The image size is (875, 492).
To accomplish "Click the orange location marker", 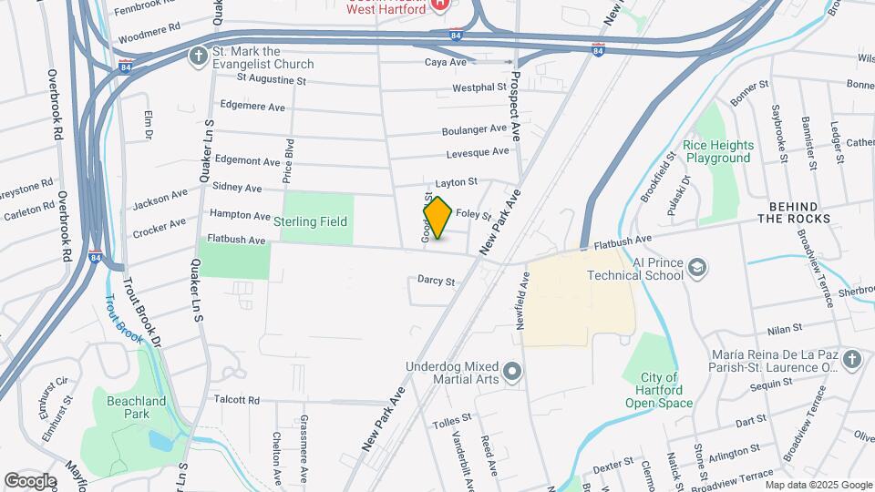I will tap(438, 218).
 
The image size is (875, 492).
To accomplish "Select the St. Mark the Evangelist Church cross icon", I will tap(198, 56).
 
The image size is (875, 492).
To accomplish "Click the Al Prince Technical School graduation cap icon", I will tap(697, 267).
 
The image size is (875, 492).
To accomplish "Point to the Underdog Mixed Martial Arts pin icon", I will tap(512, 371).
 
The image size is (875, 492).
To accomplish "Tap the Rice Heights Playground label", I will tap(719, 151).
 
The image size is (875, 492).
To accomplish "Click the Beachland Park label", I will tap(122, 407).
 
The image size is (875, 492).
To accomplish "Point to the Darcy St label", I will tap(436, 282).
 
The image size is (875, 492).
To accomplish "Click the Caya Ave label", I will tap(446, 62).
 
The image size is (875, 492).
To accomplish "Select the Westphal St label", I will tap(479, 88).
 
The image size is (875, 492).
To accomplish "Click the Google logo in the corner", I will tap(30, 480).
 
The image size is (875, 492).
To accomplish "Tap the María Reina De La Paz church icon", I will tap(852, 359).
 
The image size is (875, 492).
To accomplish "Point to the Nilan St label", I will tap(784, 327).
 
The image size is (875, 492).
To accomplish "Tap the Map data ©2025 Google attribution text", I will tap(818, 484).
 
